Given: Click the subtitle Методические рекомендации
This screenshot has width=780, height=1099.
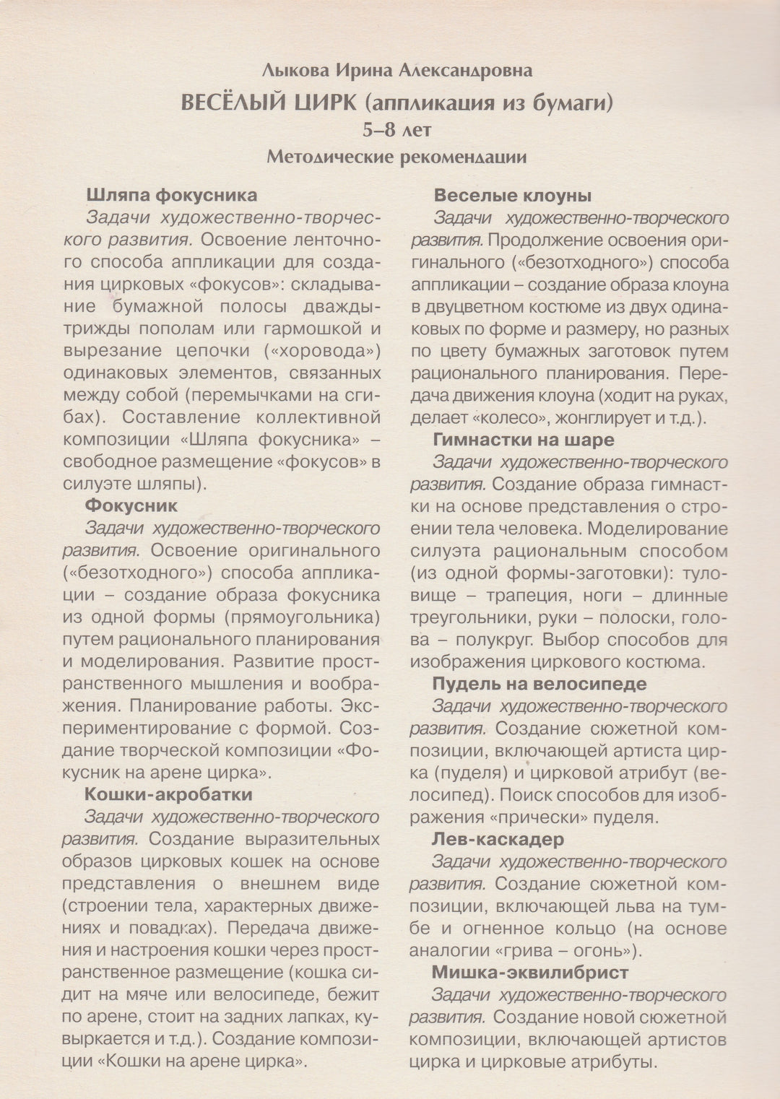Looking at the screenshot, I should click(396, 156).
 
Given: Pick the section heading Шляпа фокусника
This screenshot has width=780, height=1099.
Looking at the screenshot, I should click(171, 195).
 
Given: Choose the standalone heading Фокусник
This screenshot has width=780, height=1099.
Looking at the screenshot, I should click(131, 506).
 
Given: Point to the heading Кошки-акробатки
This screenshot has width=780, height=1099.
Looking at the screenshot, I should click(168, 794).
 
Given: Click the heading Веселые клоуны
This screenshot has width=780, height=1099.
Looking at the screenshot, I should click(513, 195).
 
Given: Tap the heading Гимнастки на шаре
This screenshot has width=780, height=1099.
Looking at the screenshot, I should click(524, 440).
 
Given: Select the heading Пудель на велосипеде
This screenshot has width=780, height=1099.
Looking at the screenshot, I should click(539, 684).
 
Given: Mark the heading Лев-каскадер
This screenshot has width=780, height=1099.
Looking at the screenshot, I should click(498, 839).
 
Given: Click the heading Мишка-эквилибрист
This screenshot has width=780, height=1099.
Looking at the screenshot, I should click(530, 973).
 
